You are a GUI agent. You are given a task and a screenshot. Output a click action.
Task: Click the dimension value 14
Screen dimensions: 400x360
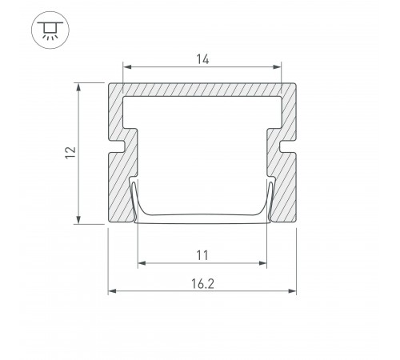pos(202,59)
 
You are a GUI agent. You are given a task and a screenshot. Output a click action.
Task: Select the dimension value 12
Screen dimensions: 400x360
pos(70,153)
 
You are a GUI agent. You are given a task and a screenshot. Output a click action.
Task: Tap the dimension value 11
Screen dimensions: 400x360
pos(202,255)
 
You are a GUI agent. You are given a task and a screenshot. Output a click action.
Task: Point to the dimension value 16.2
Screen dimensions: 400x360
pos(202,284)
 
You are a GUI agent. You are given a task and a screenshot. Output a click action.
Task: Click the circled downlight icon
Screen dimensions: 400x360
pos(50,30)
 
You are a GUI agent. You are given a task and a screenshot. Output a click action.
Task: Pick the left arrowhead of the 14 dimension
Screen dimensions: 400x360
pos(127,66)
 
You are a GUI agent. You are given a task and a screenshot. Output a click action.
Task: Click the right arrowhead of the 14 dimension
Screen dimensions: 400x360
pos(277,66)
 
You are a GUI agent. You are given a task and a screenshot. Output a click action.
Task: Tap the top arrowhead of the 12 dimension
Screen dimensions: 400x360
pos(78,87)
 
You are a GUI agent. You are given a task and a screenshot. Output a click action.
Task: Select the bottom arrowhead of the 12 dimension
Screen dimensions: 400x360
pos(78,219)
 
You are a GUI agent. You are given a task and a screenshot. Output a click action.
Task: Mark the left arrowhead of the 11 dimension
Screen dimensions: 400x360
pos(142,263)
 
